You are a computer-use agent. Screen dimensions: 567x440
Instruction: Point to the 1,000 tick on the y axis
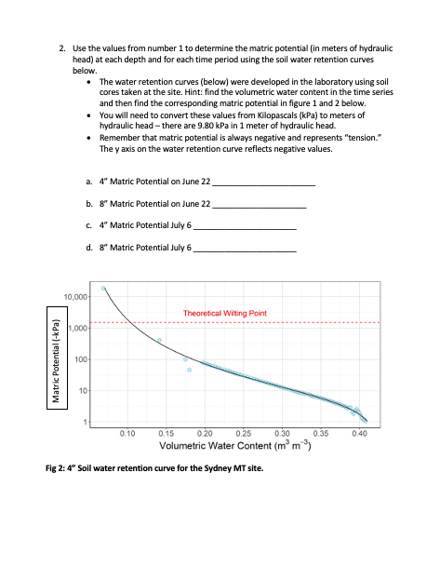[x=78, y=328]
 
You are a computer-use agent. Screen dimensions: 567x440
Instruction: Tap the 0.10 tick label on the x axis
[x=128, y=432]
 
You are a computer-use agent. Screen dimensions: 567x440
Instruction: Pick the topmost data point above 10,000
[x=103, y=289]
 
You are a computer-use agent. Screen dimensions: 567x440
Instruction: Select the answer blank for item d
[x=244, y=250]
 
